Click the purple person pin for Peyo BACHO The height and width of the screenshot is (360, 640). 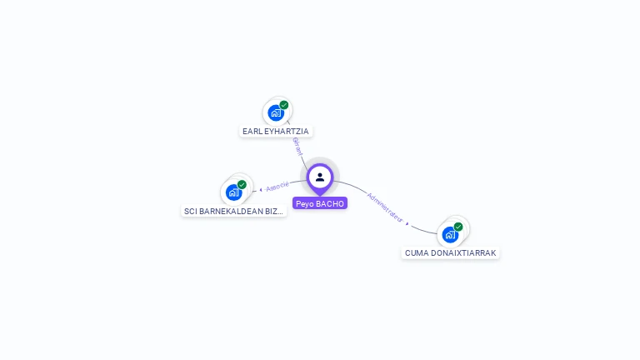click(320, 177)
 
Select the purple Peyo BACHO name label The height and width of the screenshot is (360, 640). click(320, 203)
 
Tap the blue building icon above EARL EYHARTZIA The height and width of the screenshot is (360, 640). click(276, 113)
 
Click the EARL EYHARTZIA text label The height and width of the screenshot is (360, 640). click(276, 132)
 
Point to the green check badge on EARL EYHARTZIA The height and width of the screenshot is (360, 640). click(284, 105)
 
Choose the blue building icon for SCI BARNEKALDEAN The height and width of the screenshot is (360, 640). click(233, 192)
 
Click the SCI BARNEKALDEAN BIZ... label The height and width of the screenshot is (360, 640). click(234, 212)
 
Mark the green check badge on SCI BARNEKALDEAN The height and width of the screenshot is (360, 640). click(242, 184)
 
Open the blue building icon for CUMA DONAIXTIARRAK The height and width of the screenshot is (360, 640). click(450, 234)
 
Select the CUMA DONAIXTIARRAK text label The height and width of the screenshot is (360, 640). click(451, 252)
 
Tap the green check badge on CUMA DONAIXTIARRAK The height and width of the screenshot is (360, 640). click(458, 226)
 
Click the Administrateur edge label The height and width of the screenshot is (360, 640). click(385, 207)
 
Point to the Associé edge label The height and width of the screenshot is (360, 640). click(277, 186)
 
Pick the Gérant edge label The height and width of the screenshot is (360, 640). click(297, 146)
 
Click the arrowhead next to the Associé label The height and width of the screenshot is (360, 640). click(261, 190)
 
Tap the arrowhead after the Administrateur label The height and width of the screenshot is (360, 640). click(407, 223)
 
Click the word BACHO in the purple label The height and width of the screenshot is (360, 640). click(330, 203)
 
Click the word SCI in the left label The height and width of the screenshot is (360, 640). click(191, 212)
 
